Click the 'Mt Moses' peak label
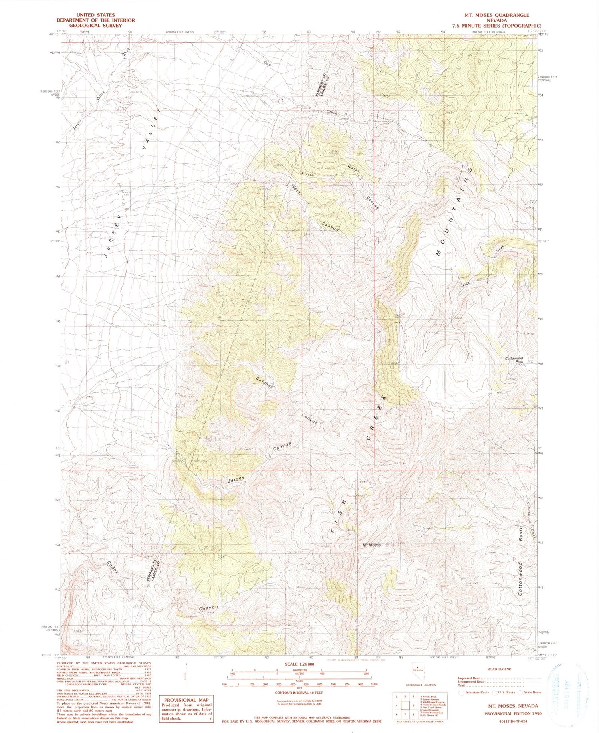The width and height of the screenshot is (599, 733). [371, 545]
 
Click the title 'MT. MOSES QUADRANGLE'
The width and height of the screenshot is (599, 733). [496, 15]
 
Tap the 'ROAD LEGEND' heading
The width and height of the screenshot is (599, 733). [499, 669]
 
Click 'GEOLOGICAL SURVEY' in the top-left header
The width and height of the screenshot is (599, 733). [95, 25]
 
